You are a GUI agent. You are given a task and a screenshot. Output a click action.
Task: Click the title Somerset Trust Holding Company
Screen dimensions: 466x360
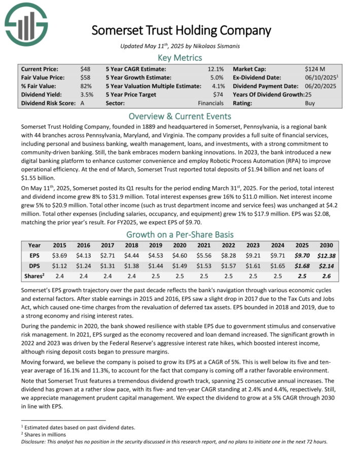point(182,30)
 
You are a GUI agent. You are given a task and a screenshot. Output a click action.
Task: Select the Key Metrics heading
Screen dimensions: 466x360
point(180,58)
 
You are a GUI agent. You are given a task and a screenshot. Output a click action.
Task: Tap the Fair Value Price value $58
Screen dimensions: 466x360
point(85,78)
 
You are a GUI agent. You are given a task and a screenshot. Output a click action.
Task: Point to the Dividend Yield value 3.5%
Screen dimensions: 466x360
point(87,94)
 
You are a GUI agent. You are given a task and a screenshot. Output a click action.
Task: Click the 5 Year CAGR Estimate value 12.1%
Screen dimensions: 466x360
point(215,69)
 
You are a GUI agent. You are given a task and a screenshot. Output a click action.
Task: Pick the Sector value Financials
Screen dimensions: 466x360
point(210,103)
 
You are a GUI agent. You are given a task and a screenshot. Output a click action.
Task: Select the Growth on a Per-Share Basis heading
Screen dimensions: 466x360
point(180,234)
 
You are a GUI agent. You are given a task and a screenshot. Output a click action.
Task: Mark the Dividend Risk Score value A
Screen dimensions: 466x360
point(82,103)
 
